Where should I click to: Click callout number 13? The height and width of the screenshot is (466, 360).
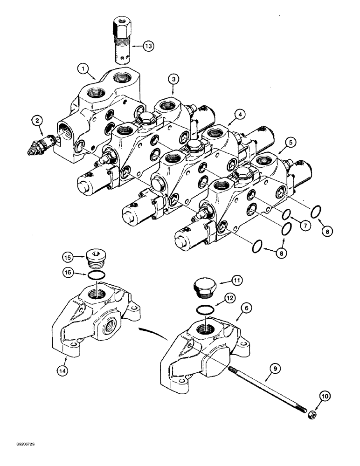tap(148, 46)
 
